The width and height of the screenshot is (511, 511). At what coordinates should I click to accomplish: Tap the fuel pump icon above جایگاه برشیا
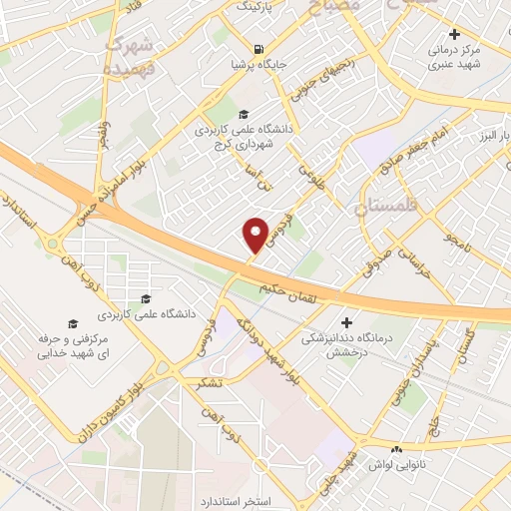pos(258,48)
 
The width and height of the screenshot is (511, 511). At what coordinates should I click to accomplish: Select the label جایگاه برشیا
pos(258,66)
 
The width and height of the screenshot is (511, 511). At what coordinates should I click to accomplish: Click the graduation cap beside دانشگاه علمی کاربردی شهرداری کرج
pos(244,113)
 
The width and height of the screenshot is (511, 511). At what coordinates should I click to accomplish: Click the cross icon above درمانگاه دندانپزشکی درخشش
pos(347,322)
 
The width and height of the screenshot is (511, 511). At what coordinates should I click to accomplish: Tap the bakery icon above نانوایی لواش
pos(397,450)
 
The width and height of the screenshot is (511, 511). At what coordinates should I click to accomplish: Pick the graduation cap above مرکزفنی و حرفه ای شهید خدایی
pos(71,322)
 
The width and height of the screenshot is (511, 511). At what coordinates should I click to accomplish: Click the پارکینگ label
pos(257,6)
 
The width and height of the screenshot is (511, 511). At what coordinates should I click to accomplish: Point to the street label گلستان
pos(466,348)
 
